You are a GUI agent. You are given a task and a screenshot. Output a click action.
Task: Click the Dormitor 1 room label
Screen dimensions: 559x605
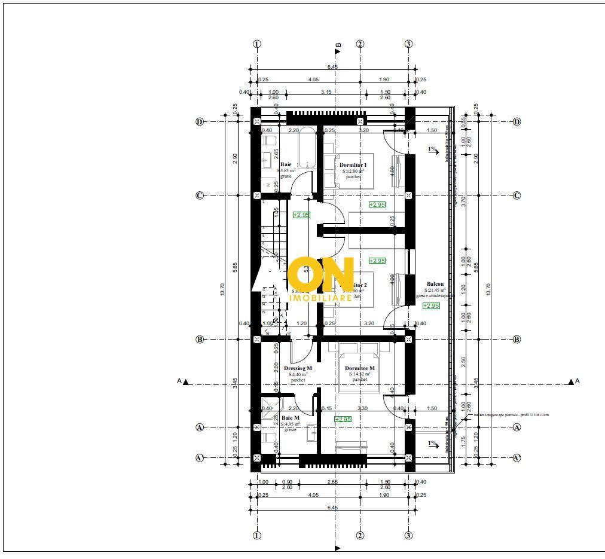(x=353, y=164)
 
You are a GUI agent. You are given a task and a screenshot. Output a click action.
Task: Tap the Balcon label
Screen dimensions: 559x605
(x=435, y=284)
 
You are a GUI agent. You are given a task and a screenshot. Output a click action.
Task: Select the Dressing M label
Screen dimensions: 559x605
(x=298, y=368)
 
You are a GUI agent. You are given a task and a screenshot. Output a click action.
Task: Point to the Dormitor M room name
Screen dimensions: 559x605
(x=360, y=368)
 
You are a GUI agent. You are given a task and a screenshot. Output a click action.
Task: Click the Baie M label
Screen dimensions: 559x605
(x=290, y=417)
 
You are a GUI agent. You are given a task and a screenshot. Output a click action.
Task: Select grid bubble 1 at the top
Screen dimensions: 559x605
(x=257, y=44)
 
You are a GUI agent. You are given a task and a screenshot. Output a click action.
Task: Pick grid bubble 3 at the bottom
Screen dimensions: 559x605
(x=408, y=536)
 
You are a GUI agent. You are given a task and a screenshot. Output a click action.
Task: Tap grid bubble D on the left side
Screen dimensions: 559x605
(x=200, y=121)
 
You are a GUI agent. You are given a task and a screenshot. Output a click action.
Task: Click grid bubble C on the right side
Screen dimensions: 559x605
(x=517, y=196)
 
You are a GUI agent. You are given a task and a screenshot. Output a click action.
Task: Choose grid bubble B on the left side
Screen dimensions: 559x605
(x=200, y=339)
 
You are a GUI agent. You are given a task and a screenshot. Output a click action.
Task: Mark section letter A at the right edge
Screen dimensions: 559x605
(x=577, y=381)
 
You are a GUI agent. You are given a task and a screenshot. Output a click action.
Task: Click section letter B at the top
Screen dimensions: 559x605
(x=338, y=44)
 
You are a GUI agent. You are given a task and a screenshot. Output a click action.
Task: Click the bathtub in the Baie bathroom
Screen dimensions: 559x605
(x=307, y=147)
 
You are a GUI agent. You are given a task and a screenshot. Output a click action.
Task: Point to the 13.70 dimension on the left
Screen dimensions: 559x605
(x=222, y=290)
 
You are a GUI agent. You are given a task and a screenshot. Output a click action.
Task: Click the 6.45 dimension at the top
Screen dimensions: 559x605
(x=332, y=67)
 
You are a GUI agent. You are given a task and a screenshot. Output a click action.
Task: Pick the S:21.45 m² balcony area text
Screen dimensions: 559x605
(x=435, y=290)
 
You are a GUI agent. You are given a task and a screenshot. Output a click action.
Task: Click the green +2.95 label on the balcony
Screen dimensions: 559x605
(x=430, y=306)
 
